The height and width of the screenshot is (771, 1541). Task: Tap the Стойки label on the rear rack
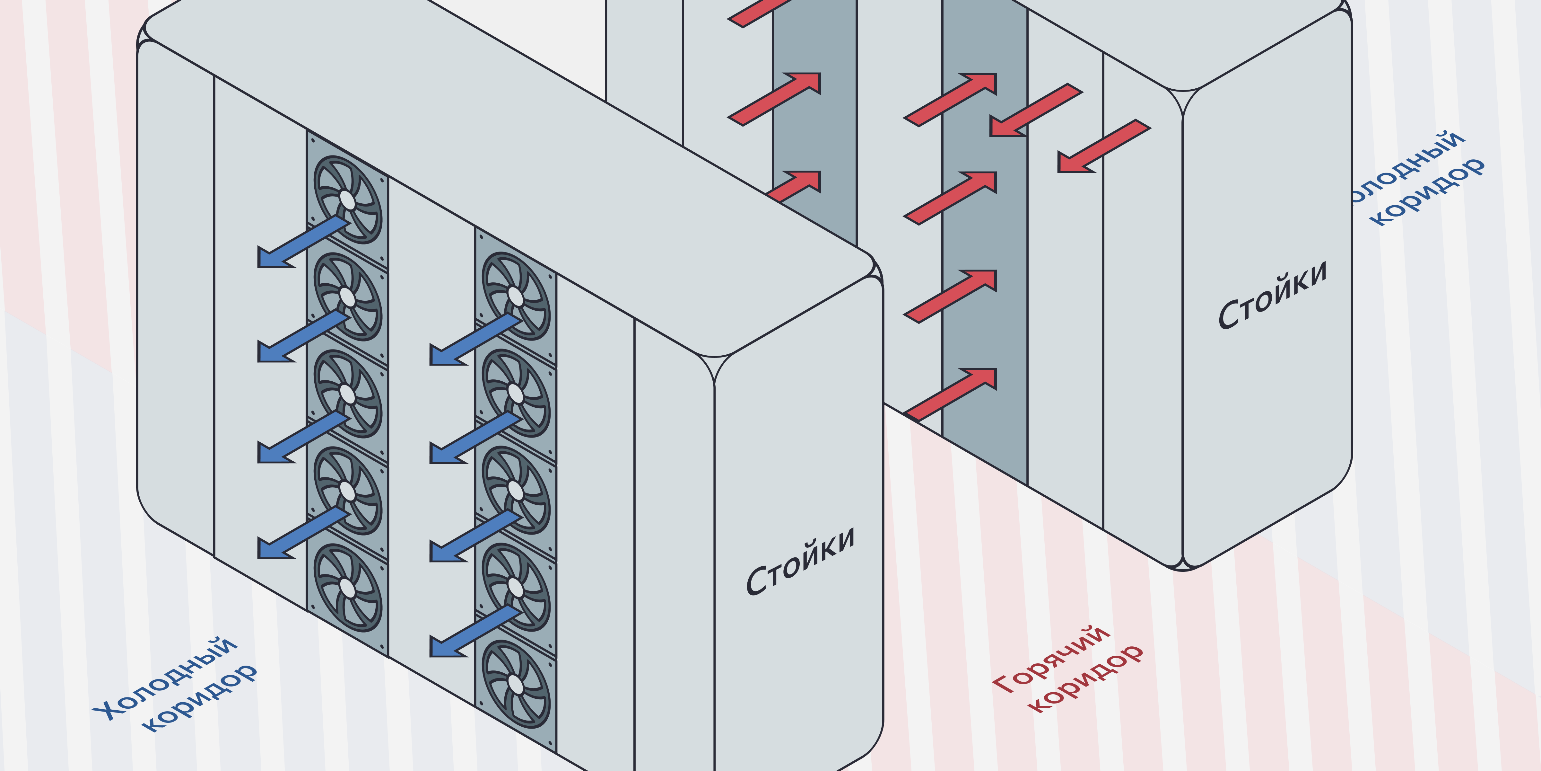(x=1272, y=295)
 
